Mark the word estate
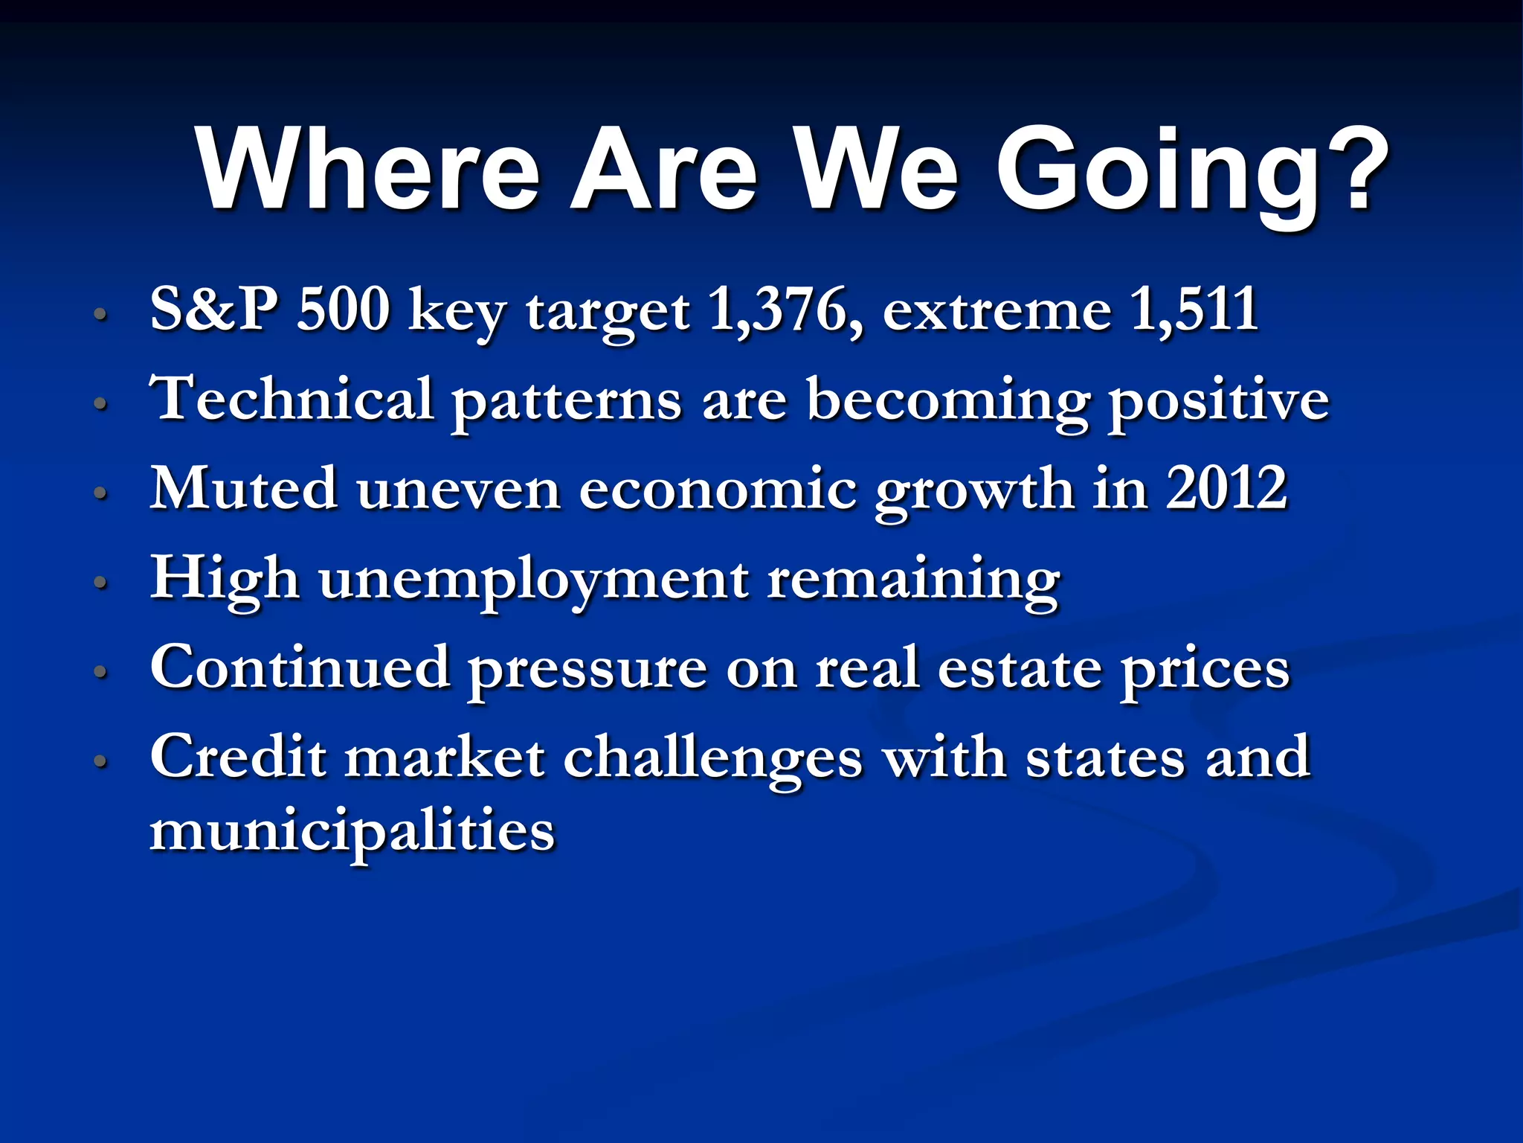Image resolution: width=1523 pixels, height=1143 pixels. click(1019, 668)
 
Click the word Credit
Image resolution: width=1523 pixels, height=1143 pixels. click(238, 757)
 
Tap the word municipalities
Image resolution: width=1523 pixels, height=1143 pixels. click(352, 831)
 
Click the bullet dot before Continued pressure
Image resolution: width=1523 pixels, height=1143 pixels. click(101, 672)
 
